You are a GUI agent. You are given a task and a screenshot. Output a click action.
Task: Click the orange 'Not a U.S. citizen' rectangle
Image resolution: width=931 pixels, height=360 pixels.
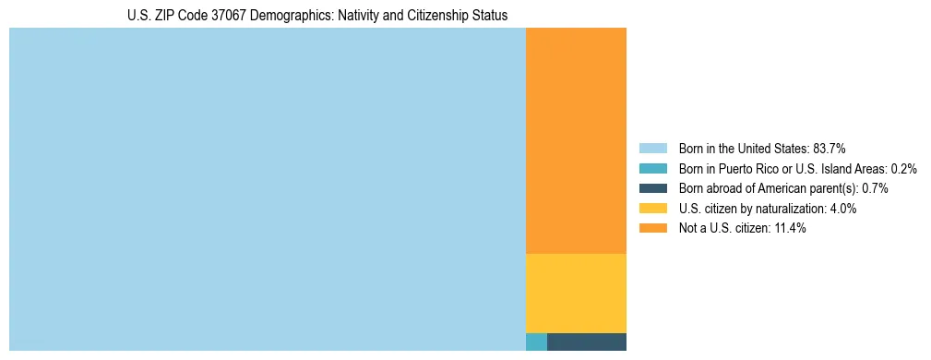tap(576, 140)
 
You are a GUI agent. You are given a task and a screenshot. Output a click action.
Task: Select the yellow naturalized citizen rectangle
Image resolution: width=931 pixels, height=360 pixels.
tap(576, 293)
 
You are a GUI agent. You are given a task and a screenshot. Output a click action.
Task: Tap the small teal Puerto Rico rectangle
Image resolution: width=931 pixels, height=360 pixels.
tap(536, 342)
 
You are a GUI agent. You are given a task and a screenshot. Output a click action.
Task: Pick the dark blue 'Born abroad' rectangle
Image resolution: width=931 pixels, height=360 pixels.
tap(587, 342)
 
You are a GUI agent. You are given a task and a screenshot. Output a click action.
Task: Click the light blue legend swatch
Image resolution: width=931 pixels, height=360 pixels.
tap(652, 149)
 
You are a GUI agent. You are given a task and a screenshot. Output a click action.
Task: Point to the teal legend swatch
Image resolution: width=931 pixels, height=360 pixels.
tap(652, 169)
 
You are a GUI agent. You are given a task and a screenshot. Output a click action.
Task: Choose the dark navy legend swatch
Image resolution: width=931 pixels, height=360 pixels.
tap(652, 188)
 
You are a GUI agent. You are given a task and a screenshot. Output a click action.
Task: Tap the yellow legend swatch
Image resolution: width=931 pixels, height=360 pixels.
tap(652, 209)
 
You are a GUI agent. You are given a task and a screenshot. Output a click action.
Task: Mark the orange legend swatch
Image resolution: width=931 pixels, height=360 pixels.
tap(652, 228)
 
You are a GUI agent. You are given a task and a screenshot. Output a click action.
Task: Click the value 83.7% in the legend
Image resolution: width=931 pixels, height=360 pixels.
tap(830, 149)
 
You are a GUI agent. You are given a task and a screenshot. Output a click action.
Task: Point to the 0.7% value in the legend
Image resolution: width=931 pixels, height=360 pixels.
tap(875, 188)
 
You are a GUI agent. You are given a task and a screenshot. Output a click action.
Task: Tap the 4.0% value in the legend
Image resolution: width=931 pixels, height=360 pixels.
tap(843, 209)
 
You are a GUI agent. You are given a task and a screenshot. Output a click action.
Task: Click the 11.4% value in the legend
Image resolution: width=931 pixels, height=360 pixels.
tap(789, 228)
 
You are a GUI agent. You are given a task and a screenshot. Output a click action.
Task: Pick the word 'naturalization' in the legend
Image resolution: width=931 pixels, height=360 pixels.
tap(790, 209)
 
